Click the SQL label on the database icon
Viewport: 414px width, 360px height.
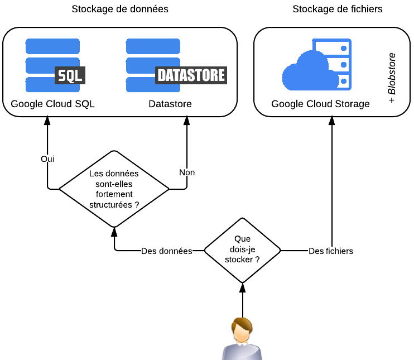point(70,75)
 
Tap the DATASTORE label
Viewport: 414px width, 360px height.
point(191,75)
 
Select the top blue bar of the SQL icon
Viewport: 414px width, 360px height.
point(52,46)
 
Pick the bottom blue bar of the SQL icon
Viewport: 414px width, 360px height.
point(40,85)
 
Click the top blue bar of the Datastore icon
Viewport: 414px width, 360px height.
point(153,46)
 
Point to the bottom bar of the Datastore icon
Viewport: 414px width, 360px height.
point(141,85)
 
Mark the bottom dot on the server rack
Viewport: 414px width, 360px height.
point(344,81)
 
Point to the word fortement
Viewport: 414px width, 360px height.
point(114,194)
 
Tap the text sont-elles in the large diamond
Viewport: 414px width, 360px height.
point(114,184)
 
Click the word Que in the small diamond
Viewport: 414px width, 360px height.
point(242,239)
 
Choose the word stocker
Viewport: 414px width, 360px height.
point(238,260)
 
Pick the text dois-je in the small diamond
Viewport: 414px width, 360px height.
point(242,249)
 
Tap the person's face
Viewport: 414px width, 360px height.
point(241,333)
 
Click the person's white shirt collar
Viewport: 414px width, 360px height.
point(242,344)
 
